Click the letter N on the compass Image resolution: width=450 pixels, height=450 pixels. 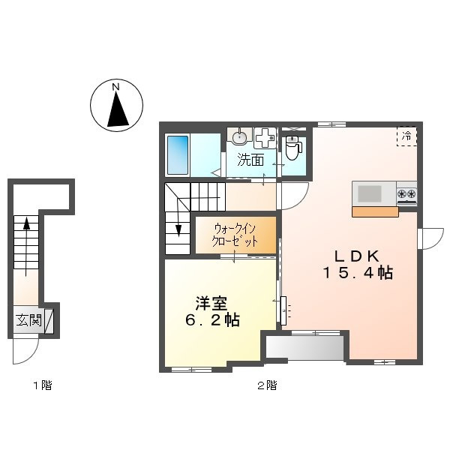pos(116,87)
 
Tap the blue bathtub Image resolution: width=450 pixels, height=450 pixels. pos(178,155)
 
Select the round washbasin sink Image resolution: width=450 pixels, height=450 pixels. pos(239,137)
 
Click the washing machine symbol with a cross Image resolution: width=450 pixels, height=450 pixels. pos(265,138)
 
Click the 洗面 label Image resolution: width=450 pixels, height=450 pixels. pos(250,160)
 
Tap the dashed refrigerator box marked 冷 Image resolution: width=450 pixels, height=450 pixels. pos(406,136)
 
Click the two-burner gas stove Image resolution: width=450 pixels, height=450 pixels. pos(406,193)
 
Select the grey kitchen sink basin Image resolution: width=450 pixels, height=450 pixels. pos(370,193)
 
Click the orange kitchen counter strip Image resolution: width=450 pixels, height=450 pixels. pos(376,211)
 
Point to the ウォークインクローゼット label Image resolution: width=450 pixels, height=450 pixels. pos(235,235)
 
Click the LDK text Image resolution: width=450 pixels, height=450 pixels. pos(357,256)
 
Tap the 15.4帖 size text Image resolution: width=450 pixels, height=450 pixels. pos(358,273)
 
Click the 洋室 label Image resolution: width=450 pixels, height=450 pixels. pos(211,303)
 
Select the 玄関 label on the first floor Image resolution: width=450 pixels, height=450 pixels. pos(28,320)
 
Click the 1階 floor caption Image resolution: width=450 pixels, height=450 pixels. pos(43,385)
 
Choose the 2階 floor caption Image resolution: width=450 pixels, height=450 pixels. pos(268,385)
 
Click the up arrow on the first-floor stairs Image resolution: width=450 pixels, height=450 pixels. pos(26,246)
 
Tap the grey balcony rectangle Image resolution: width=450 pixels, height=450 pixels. pos(304,347)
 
